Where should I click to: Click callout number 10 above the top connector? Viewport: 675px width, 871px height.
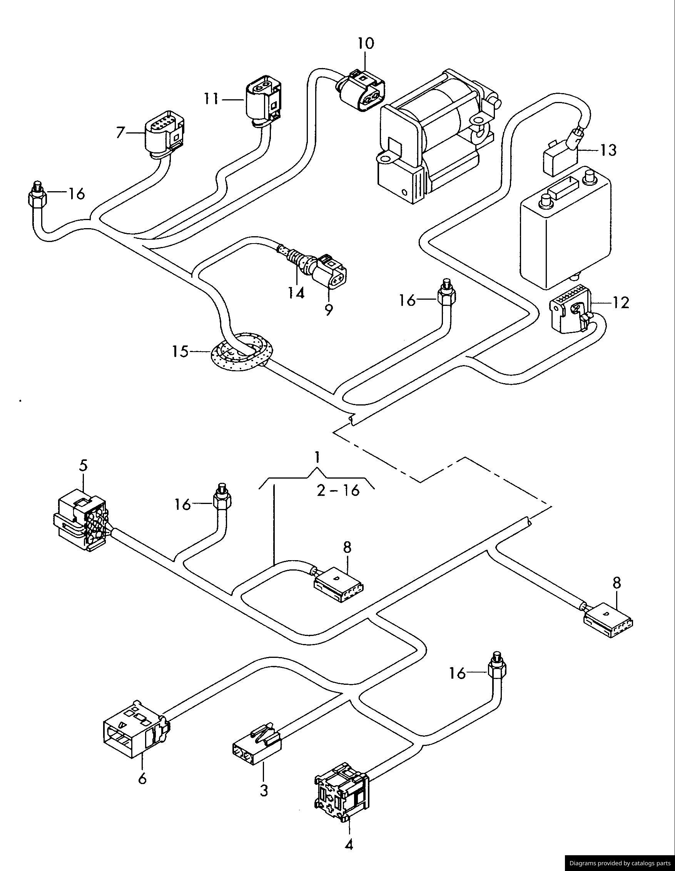tap(366, 43)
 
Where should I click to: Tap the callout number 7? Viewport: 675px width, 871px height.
tap(120, 132)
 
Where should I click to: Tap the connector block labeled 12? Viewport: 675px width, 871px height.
tap(570, 313)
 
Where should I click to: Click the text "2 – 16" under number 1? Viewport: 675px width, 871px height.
tap(338, 490)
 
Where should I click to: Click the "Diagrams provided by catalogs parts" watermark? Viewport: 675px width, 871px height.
tap(620, 863)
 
